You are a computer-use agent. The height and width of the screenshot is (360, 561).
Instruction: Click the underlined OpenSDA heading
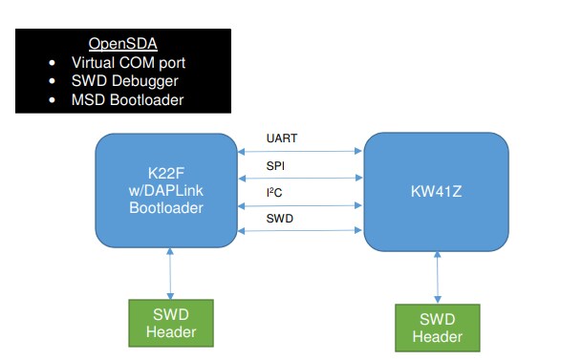coord(123,44)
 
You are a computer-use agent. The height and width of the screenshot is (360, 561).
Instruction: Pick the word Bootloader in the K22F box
coord(165,206)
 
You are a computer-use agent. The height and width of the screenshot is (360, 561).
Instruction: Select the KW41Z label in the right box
coord(436,191)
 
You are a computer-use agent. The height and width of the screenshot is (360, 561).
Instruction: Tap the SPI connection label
coord(274,166)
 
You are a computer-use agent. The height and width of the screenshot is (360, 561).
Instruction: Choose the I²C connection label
coord(273,193)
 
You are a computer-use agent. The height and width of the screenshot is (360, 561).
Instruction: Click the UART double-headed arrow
coord(300,150)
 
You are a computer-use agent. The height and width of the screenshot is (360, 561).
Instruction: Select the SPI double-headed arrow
coord(300,178)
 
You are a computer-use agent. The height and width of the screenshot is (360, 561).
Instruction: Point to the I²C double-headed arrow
coord(300,204)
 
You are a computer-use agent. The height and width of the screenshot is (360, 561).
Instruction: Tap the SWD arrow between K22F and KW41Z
coord(300,231)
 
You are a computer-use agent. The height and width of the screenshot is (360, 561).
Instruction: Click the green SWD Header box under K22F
coord(170,322)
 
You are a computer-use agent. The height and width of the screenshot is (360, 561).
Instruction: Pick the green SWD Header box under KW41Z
coord(438,328)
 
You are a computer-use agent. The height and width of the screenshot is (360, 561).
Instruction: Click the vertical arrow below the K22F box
coord(170,275)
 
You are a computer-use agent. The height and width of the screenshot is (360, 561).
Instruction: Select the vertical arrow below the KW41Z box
coord(438,279)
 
